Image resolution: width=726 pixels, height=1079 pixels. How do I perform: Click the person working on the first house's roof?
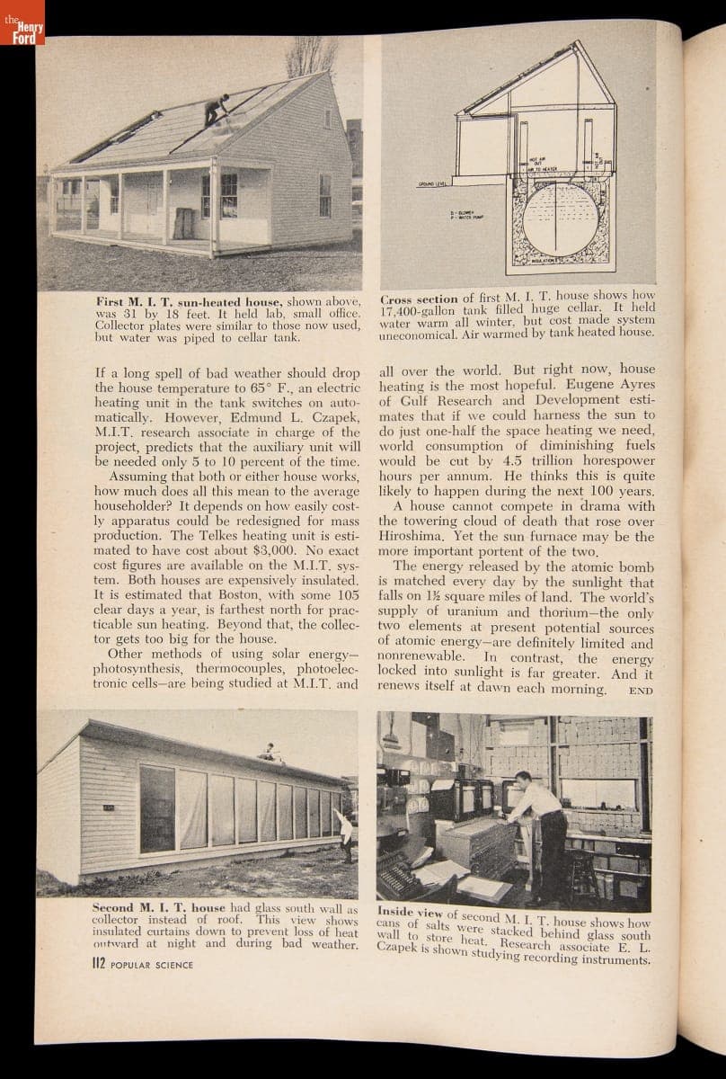pos(217,109)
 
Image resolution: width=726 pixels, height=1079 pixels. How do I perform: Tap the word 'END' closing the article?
pos(640,691)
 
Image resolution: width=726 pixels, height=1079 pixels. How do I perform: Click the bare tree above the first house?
pos(311,56)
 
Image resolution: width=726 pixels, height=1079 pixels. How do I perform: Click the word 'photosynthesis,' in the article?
pos(135,670)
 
